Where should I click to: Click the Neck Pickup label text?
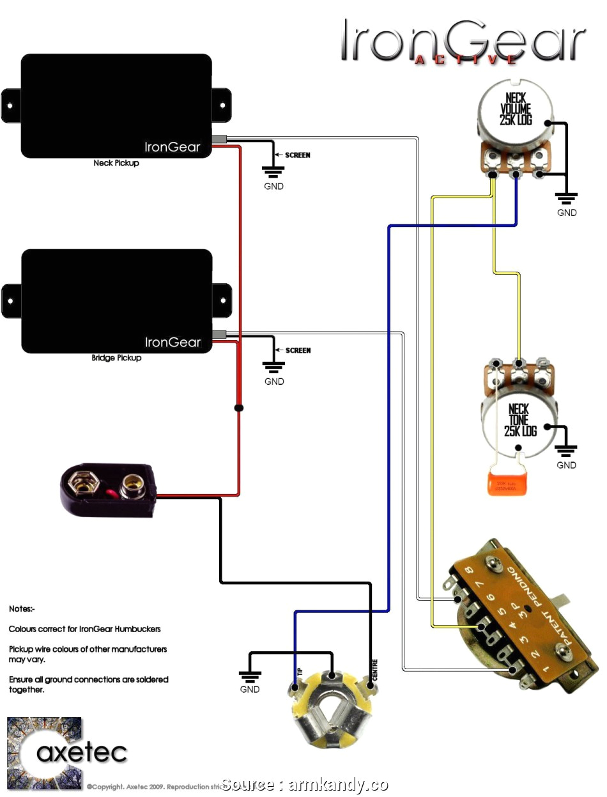pos(116,163)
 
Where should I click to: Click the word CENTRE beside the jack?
pos(374,670)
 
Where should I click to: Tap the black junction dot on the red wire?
pos(238,407)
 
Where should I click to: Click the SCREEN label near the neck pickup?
pos(298,155)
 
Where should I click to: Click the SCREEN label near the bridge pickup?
pos(298,350)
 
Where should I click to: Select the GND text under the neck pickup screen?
pos(274,187)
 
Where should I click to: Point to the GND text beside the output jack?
pos(250,690)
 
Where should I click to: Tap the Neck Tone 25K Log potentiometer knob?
pos(518,422)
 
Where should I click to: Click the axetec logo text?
pos(82,752)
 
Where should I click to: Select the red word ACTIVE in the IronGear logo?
pos(466,59)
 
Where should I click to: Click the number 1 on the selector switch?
pos(545,669)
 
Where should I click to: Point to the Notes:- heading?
pos(22,608)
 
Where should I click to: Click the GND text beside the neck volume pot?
pos(567,213)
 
